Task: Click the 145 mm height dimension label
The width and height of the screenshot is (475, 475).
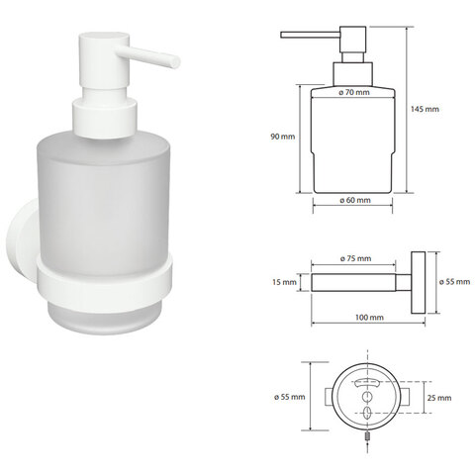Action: pyautogui.click(x=425, y=109)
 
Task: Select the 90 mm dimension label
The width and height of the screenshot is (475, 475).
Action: pyautogui.click(x=283, y=137)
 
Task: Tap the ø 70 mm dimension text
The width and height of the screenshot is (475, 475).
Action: pyautogui.click(x=354, y=92)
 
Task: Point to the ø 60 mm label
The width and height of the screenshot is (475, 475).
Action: pyautogui.click(x=355, y=200)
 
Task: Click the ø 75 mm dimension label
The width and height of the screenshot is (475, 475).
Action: pyautogui.click(x=355, y=258)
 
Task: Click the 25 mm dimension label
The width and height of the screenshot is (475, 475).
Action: pyautogui.click(x=439, y=398)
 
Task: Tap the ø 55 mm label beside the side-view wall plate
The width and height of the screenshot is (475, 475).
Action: pyautogui.click(x=454, y=282)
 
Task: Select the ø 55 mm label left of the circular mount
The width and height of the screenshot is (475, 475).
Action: pyautogui.click(x=289, y=397)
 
